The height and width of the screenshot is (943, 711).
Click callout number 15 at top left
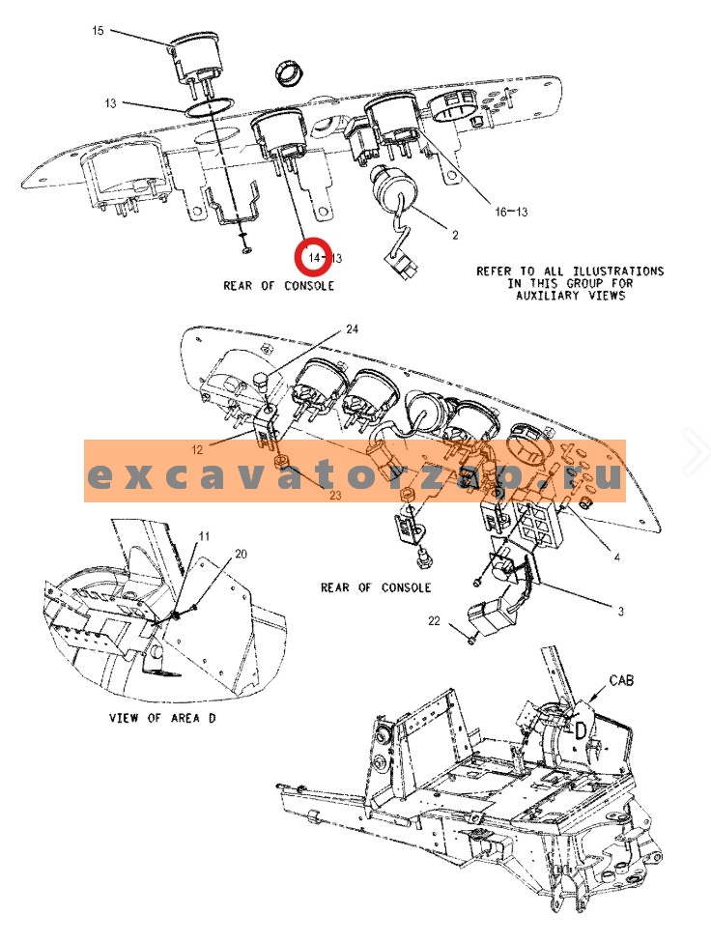(x=98, y=31)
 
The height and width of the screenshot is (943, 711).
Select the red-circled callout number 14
(x=312, y=258)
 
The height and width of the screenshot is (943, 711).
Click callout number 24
(x=353, y=329)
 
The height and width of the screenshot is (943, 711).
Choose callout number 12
(x=196, y=449)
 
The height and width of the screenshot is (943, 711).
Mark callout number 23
(x=336, y=495)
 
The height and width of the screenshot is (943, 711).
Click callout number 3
(x=620, y=611)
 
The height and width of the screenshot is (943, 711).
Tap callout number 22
(x=435, y=621)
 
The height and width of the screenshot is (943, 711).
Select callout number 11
(x=204, y=535)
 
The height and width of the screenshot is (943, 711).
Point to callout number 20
(x=242, y=554)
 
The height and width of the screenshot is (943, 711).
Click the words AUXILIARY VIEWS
(x=572, y=296)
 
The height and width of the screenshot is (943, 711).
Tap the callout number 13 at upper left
(x=111, y=102)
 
